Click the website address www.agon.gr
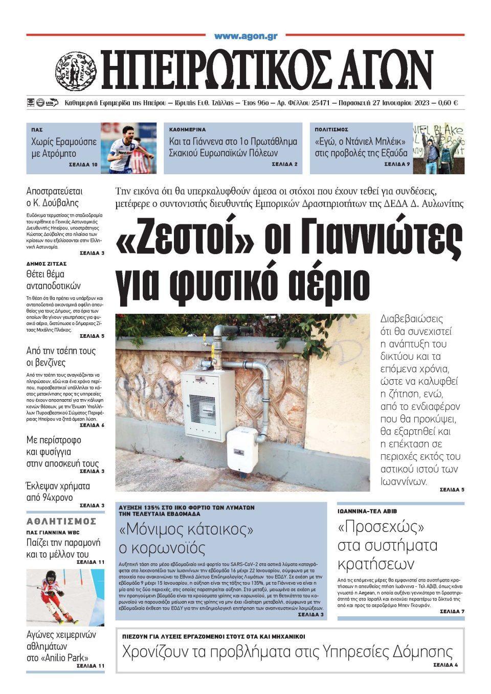[x=245, y=36]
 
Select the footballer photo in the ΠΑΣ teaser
[x=128, y=148]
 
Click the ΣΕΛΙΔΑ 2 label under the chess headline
[x=284, y=165]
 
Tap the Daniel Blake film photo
[x=438, y=148]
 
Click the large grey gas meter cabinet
[x=208, y=398]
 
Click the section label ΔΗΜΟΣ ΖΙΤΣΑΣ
[x=47, y=264]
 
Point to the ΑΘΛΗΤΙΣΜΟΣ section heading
[x=61, y=521]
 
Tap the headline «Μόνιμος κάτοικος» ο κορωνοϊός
[x=186, y=539]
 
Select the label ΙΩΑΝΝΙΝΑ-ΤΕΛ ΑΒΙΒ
[x=367, y=511]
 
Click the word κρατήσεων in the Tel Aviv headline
[x=376, y=564]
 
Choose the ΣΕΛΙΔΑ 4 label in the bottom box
[x=445, y=665]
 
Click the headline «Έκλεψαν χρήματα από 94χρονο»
[x=58, y=492]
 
